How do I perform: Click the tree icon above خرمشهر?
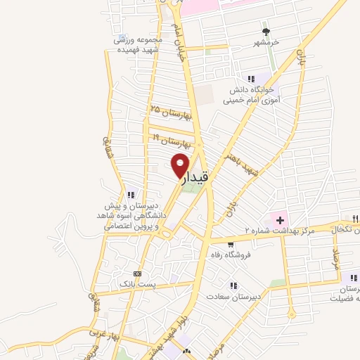pos(266,32)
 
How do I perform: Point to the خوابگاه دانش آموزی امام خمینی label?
pos(252,95)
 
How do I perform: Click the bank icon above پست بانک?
pos(137,274)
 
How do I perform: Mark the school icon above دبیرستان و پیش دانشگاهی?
pos(131,195)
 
